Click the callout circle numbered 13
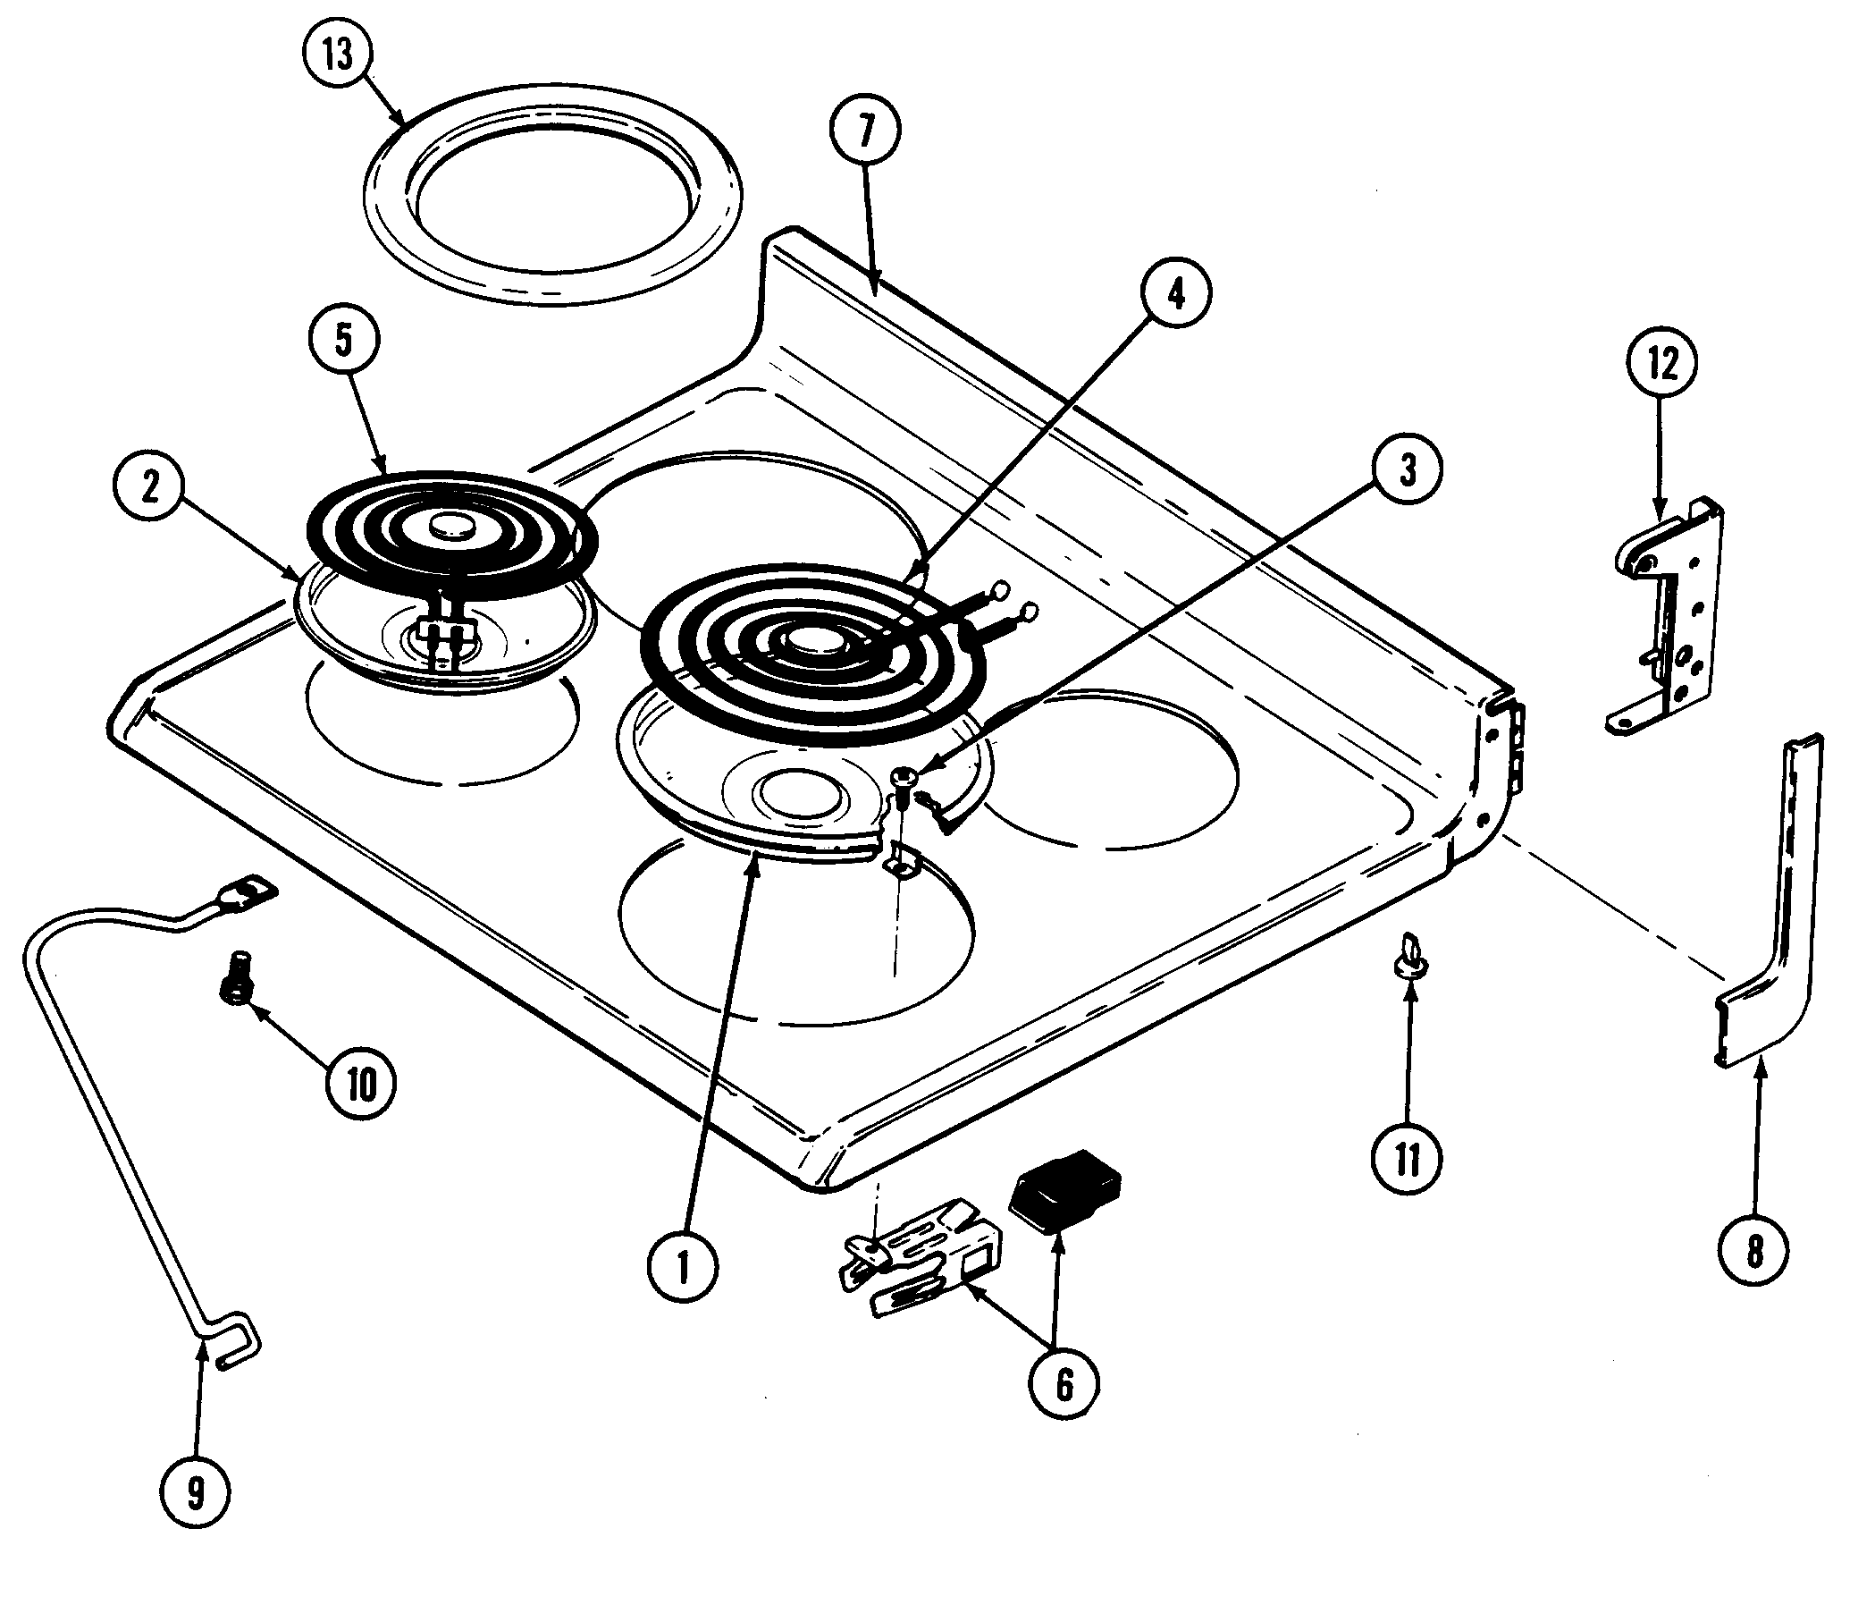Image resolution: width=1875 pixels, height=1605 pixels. point(339,55)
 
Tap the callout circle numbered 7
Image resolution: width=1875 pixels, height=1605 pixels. point(866,131)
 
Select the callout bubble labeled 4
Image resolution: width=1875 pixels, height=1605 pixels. point(1174,295)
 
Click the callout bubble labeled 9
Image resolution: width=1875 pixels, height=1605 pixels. point(196,1492)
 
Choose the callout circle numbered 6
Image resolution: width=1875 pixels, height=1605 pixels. point(1064,1382)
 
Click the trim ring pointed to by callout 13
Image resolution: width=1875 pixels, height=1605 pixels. point(554,195)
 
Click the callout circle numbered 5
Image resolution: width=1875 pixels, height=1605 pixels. point(343,340)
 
